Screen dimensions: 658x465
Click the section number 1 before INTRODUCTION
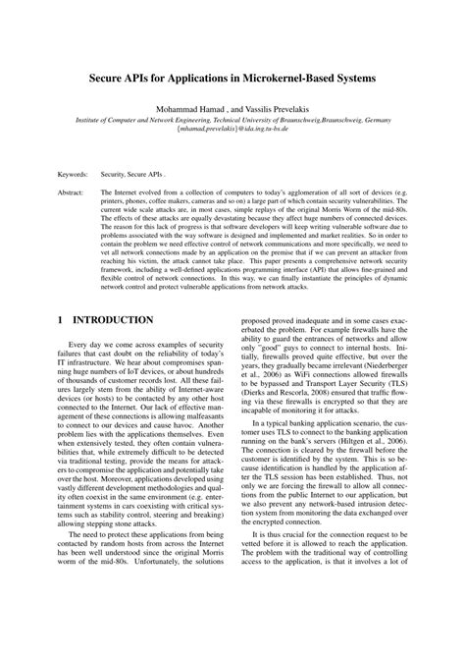pyautogui.click(x=62, y=319)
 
